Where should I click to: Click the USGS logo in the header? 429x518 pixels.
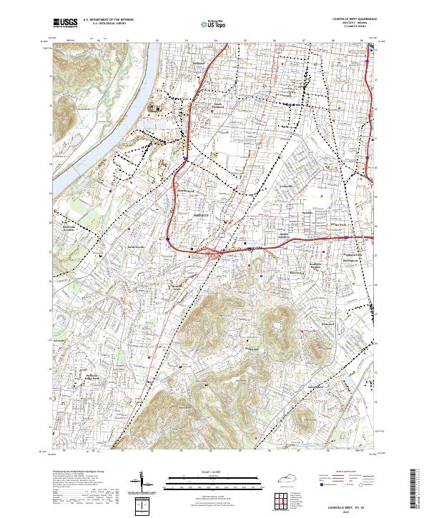click(64, 23)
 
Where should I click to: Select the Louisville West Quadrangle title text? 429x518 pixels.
click(355, 19)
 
